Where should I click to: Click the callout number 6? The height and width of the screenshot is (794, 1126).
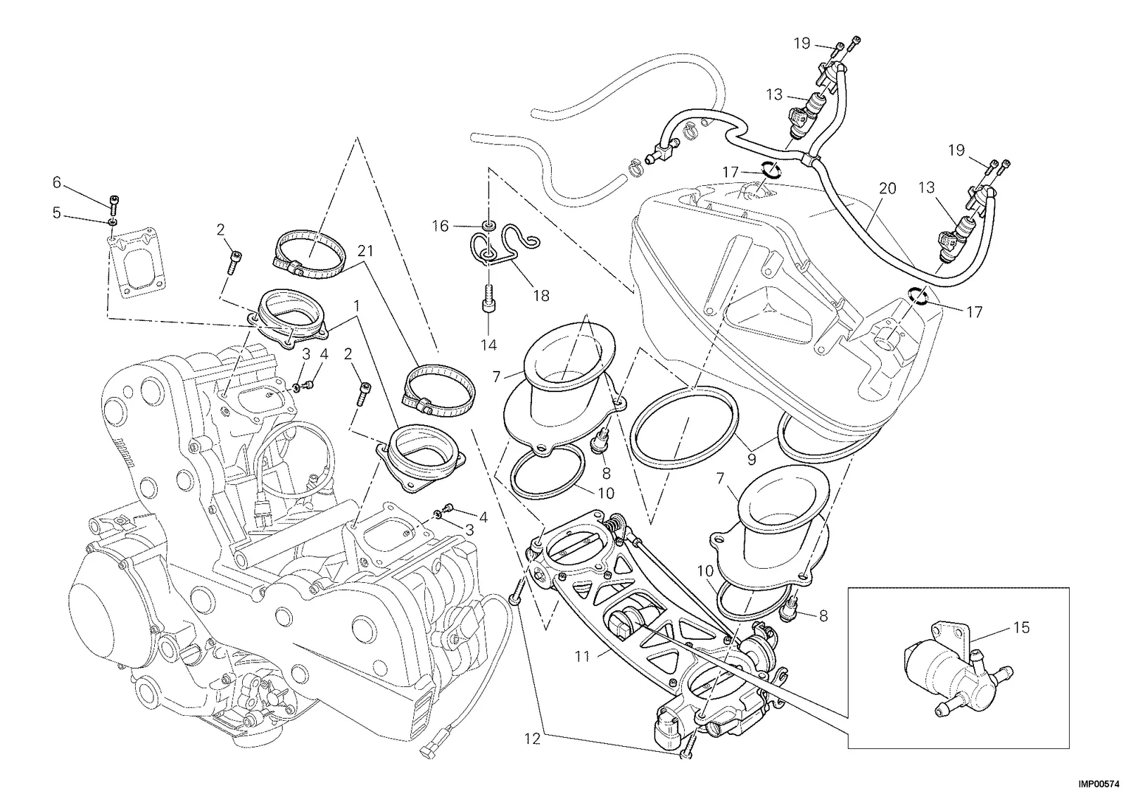click(57, 182)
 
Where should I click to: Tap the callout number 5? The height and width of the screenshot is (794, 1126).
click(57, 213)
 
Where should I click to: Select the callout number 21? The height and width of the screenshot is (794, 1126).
click(365, 251)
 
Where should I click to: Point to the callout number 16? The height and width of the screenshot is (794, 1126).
click(441, 226)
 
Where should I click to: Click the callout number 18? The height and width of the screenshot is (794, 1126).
click(541, 296)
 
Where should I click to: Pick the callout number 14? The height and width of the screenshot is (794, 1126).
click(488, 345)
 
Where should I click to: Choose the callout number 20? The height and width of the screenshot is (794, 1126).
click(887, 189)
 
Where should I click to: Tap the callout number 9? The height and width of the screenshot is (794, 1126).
click(752, 459)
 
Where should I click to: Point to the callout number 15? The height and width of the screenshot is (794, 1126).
click(1021, 628)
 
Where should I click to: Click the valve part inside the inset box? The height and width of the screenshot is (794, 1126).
click(958, 677)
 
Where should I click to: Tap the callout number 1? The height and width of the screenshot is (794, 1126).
click(356, 305)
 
